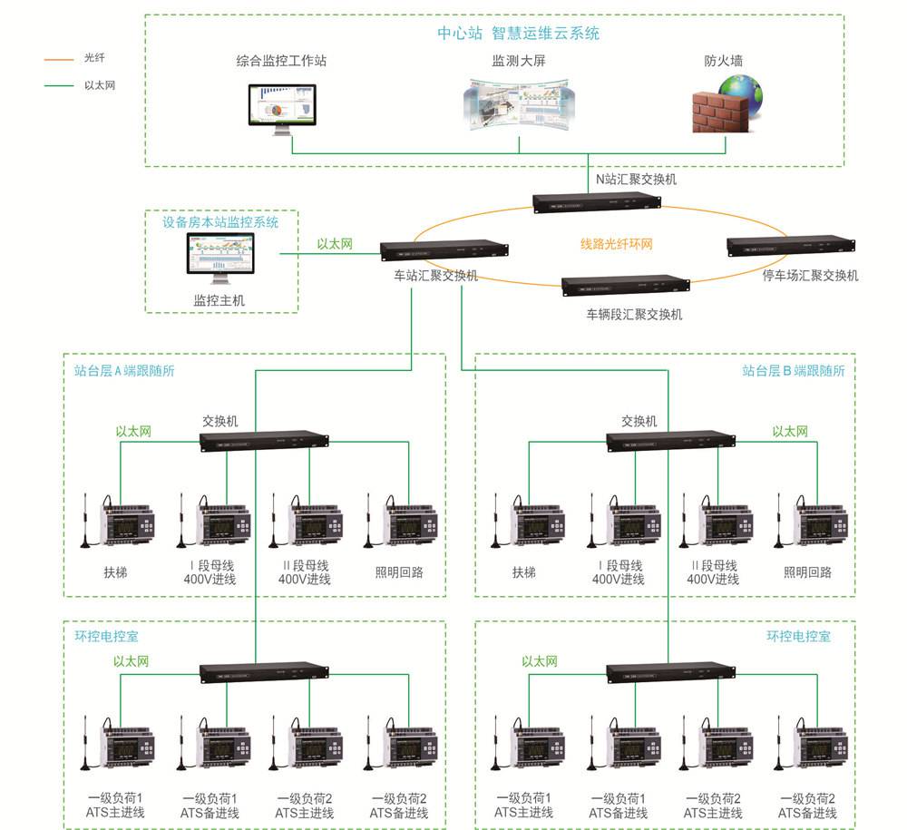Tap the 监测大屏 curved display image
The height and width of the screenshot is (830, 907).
(518, 105)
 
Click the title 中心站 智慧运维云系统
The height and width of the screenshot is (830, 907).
(518, 34)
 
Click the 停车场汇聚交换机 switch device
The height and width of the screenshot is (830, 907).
(790, 245)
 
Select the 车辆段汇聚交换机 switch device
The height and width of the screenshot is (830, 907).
(625, 286)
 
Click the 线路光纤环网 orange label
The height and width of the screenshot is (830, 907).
(617, 244)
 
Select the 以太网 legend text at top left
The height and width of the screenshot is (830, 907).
(100, 85)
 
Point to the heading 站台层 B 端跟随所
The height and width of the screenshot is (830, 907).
(793, 371)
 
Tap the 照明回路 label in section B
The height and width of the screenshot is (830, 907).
(807, 573)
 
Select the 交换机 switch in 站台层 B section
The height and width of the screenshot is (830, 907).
(670, 441)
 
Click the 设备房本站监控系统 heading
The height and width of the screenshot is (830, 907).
(220, 222)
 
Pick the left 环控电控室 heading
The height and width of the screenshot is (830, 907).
(107, 637)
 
